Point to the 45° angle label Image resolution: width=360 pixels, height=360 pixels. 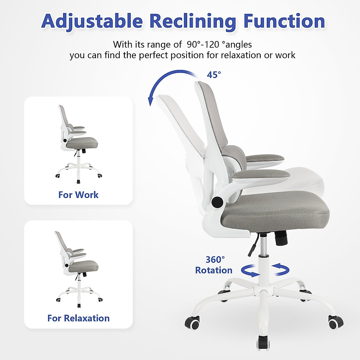click(x=214, y=75)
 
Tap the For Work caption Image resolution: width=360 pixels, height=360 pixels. click(x=78, y=195)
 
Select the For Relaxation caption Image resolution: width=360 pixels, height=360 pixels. click(x=78, y=318)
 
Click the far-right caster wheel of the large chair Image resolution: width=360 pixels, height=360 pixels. click(x=335, y=322)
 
